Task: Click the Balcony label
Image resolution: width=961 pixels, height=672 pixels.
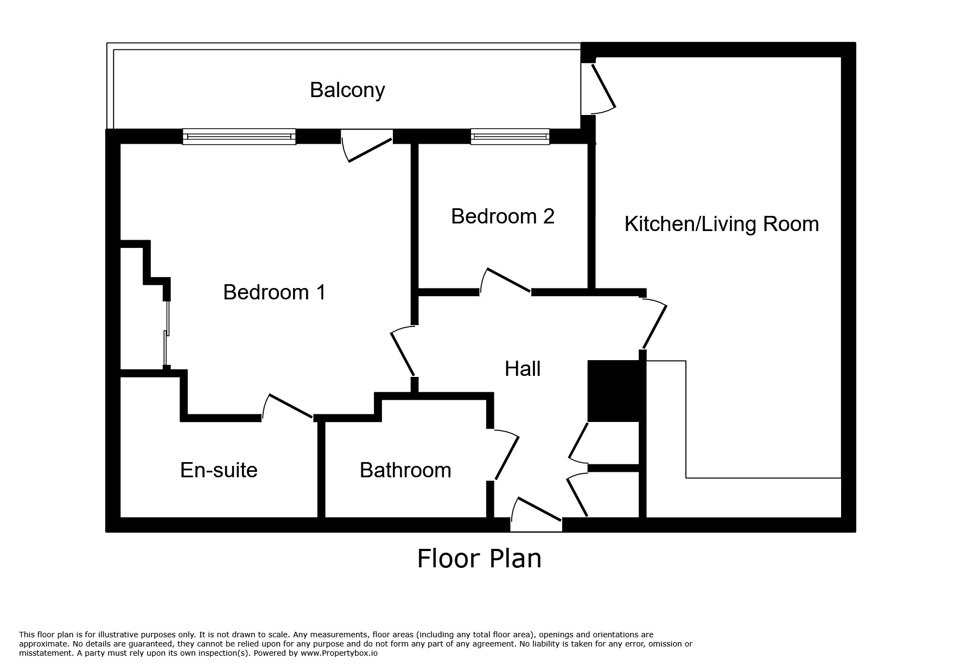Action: [347, 90]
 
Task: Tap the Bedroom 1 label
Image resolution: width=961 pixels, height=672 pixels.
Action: [274, 292]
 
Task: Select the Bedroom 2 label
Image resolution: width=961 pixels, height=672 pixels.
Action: [502, 216]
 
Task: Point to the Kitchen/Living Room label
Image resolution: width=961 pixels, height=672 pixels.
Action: [721, 224]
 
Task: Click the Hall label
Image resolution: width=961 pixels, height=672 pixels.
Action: [523, 369]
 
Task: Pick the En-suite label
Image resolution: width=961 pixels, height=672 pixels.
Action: [219, 470]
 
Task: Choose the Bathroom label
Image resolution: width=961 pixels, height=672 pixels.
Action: [405, 470]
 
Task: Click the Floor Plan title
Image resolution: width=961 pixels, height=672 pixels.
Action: [479, 559]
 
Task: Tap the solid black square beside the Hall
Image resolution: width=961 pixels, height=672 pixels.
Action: [614, 391]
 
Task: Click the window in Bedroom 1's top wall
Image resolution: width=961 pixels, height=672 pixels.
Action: [239, 137]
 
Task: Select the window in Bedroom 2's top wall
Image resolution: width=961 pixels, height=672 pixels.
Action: [510, 137]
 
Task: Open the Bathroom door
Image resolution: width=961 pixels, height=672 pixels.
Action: [506, 456]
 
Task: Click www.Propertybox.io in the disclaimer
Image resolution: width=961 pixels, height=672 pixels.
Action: [339, 654]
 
